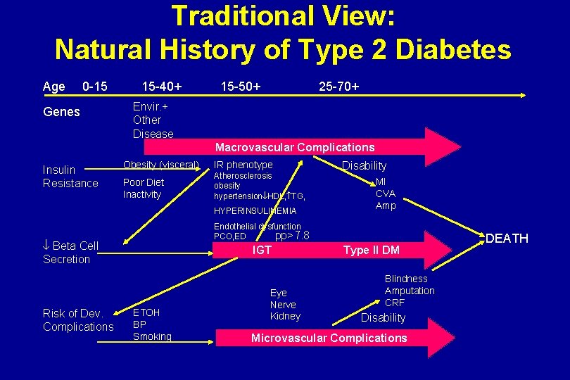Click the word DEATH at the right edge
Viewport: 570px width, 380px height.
[507, 239]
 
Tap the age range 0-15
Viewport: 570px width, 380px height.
[95, 87]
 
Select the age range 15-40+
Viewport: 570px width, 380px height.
[162, 87]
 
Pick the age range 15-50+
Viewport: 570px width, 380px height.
[241, 87]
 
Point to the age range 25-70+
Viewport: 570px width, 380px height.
[338, 87]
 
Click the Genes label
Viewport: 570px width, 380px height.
[61, 112]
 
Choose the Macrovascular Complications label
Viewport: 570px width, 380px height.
[295, 147]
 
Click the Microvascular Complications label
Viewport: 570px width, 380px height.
[329, 338]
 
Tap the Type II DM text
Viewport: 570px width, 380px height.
[371, 251]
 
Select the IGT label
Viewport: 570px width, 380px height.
[261, 250]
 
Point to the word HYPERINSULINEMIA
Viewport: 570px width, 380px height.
[255, 211]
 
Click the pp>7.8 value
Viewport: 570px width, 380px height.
[292, 236]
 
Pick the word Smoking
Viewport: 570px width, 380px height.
[152, 336]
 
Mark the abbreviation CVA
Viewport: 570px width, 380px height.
[386, 194]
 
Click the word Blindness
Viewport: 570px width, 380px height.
[406, 279]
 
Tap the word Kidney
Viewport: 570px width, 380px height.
[285, 316]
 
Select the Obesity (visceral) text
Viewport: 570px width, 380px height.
[161, 165]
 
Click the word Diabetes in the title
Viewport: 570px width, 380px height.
[450, 49]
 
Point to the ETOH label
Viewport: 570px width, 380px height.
[146, 312]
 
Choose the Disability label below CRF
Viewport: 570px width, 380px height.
[383, 317]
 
